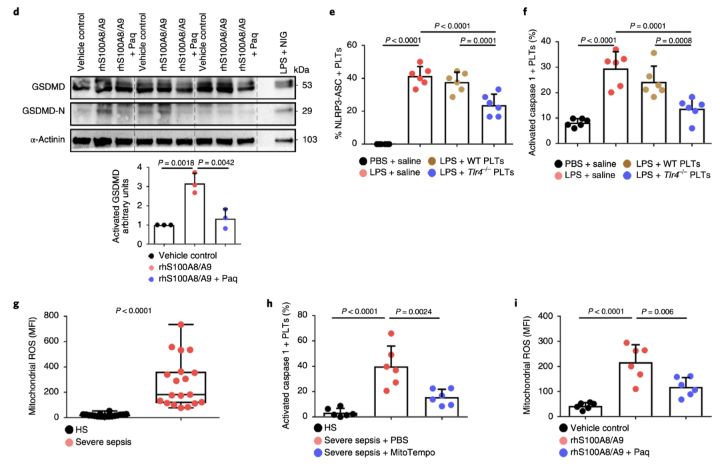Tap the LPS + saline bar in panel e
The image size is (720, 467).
coord(420,110)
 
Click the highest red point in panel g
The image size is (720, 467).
coord(180,325)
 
